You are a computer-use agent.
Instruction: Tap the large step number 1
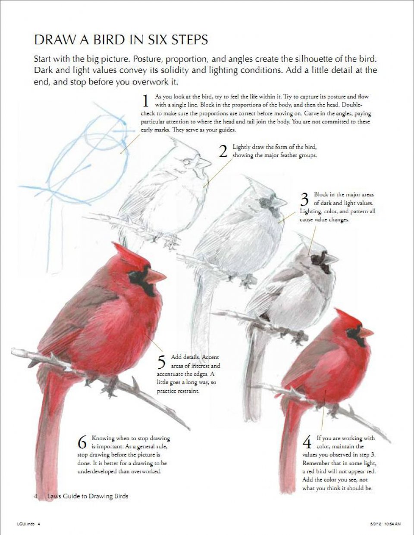[146, 101]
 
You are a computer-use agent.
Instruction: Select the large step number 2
[223, 151]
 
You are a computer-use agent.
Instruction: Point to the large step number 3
[305, 199]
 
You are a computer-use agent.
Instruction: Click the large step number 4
[307, 442]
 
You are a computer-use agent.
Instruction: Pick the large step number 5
[161, 362]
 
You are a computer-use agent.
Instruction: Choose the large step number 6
[82, 442]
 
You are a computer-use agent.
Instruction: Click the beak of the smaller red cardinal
[366, 332]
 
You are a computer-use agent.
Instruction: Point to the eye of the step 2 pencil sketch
[186, 161]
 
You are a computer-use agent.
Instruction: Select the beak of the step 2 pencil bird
[204, 163]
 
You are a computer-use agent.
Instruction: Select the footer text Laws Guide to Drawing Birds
[88, 496]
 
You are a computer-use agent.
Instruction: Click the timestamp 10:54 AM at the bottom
[392, 524]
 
